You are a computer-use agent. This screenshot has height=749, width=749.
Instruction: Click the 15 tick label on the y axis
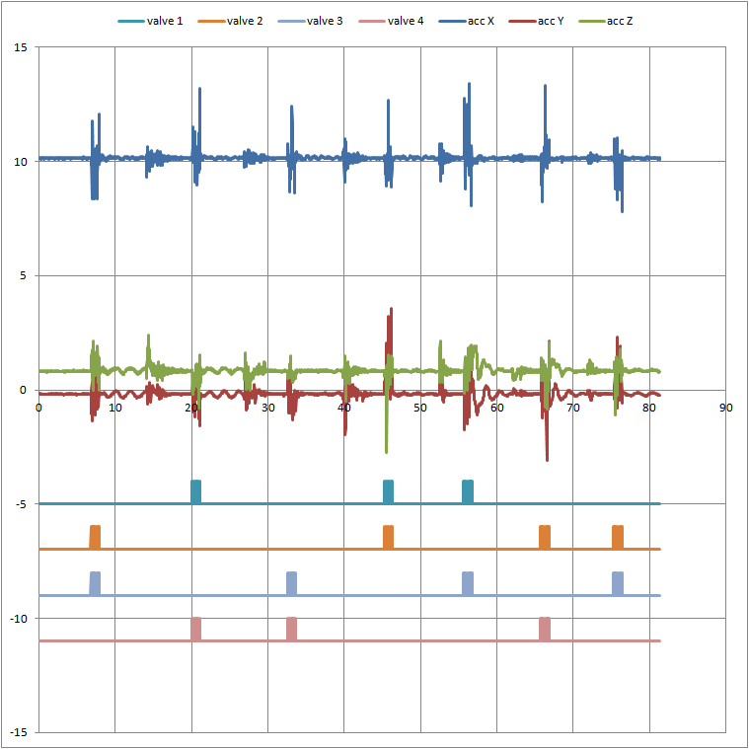coord(21,47)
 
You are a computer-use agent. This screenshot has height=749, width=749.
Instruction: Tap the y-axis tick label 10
coord(21,161)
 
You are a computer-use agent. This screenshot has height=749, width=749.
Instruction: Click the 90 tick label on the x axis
coord(726,407)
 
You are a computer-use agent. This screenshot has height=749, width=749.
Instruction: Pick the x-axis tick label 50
coord(420,407)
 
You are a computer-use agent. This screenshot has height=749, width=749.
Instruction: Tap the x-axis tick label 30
coord(267,407)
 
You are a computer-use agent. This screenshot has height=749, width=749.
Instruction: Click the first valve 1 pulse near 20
coord(195,491)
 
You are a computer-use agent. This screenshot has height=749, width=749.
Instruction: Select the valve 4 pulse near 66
coord(545,629)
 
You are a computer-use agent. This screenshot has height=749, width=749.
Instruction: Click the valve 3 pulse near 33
coord(291,583)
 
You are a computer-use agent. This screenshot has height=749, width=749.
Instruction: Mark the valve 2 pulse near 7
coord(95,537)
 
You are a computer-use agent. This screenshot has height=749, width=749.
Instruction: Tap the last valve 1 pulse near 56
coord(468,491)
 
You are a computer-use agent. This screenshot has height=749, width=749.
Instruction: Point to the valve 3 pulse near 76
coord(618,583)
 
